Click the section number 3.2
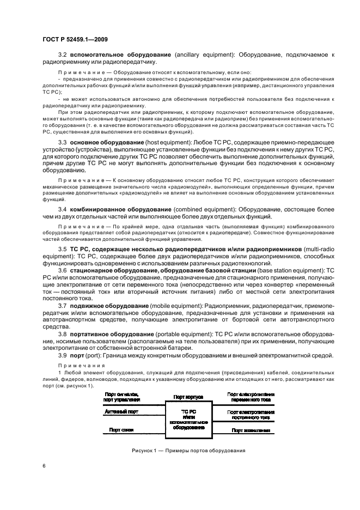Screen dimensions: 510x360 pos(63,56)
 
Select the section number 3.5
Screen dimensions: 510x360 pos(63,249)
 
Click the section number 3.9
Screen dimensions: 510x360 pos(63,355)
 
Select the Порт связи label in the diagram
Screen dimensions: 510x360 pos(121,429)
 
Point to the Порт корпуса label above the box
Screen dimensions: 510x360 pos(188,397)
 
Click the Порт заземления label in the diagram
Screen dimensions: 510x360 pos(251,430)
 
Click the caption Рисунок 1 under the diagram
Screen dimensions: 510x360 pos(188,451)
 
